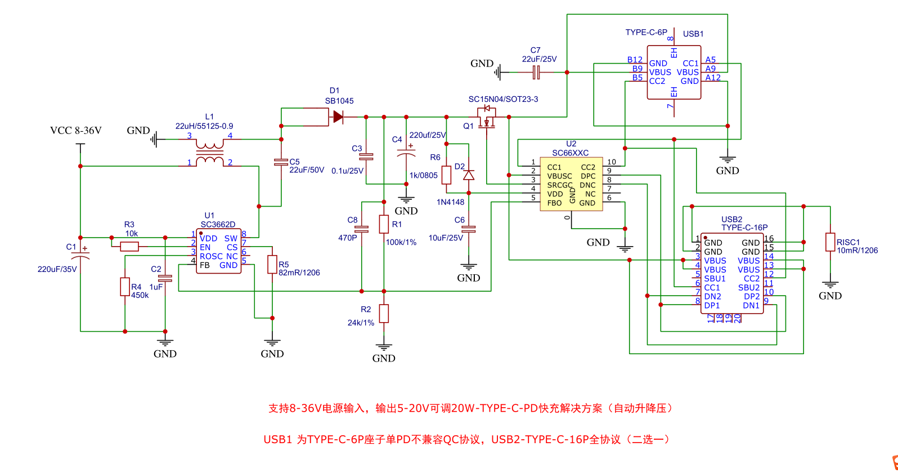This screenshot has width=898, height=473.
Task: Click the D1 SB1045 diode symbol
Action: point(338,117)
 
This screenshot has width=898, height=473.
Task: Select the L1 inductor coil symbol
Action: point(209,153)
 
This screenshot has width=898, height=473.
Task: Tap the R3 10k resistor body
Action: point(130,247)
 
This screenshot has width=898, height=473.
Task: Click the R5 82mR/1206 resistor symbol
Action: point(272,264)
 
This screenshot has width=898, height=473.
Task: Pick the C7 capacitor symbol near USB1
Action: point(536,72)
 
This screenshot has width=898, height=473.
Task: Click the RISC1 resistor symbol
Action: point(830,242)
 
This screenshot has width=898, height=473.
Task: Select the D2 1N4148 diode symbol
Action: point(469,175)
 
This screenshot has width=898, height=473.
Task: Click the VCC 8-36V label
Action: point(76,131)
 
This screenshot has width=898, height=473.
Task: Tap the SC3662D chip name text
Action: point(218,224)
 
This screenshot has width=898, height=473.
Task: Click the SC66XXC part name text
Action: point(571,153)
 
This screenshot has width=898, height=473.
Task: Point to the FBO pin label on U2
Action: point(555,203)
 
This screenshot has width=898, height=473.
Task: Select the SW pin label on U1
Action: point(231,238)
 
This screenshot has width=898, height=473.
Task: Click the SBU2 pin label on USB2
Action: point(749,287)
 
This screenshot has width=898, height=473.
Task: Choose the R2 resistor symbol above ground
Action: point(384,314)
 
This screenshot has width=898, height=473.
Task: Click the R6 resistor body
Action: point(446,175)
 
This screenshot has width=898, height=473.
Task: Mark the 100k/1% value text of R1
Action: point(401,242)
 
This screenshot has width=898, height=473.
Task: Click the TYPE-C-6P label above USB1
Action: point(646,32)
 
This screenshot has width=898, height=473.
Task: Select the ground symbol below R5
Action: point(272,342)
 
